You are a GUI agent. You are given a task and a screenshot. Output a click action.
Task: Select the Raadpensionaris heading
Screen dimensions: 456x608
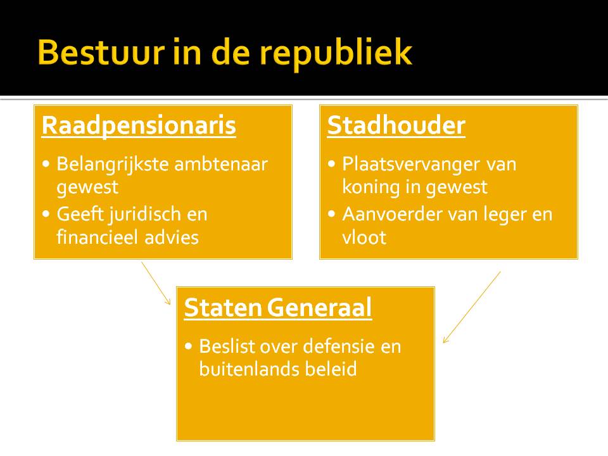pos(139,125)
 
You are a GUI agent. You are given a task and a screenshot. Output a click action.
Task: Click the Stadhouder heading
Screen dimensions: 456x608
pos(396,125)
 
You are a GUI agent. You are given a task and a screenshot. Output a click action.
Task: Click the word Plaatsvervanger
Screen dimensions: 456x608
pos(412,165)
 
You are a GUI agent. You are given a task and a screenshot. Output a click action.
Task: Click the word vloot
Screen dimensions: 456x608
pos(364,237)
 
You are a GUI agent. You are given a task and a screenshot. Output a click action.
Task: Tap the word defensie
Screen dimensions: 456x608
pos(343,347)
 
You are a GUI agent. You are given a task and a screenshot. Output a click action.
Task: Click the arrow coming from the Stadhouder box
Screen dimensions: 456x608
pos(472,307)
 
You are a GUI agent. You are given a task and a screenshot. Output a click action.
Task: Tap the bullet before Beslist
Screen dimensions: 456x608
pos(189,347)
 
